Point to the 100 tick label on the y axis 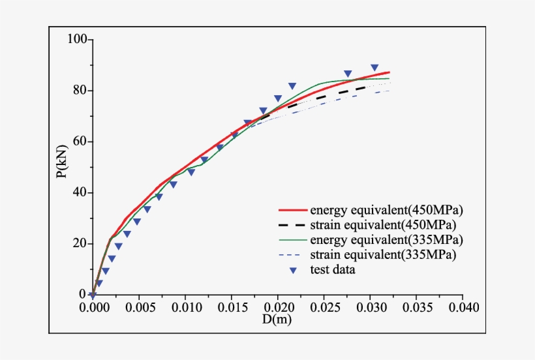pos(77,40)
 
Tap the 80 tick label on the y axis pos(80,91)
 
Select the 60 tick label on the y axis pos(80,142)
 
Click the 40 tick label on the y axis pos(80,192)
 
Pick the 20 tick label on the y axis pos(80,243)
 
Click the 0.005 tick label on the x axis pos(139,307)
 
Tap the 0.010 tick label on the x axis pos(185,307)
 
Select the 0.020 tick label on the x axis pos(278,307)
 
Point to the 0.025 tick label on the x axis pos(324,307)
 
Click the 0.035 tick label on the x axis pos(417,307)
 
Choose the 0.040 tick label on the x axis pos(463,307)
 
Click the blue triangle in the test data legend pos(294,269)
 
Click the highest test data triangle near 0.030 pos(374,68)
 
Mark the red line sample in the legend pos(293,211)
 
